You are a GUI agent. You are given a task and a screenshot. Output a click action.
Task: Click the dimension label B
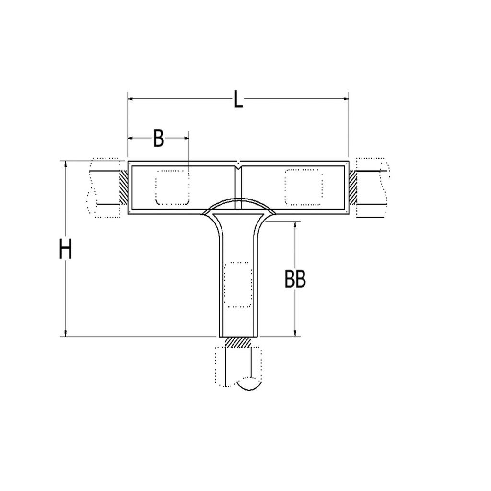tap(158, 138)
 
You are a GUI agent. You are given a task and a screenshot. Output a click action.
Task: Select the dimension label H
tap(65, 249)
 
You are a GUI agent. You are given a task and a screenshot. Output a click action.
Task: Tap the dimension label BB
tap(295, 280)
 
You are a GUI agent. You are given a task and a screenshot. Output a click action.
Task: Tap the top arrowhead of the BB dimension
tap(295, 225)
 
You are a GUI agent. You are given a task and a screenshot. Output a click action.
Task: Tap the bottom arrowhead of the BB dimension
tap(295, 333)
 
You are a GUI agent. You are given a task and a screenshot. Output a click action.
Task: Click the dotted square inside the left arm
tap(172, 187)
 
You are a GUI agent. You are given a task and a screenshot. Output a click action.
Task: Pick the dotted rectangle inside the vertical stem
tap(238, 284)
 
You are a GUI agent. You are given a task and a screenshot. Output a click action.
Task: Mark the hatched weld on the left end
tap(123, 187)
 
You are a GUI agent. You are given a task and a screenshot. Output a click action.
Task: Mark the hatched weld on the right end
tap(353, 187)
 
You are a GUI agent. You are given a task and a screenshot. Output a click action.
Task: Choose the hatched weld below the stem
tap(238, 342)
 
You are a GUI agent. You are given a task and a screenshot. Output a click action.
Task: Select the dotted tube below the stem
tap(238, 367)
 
